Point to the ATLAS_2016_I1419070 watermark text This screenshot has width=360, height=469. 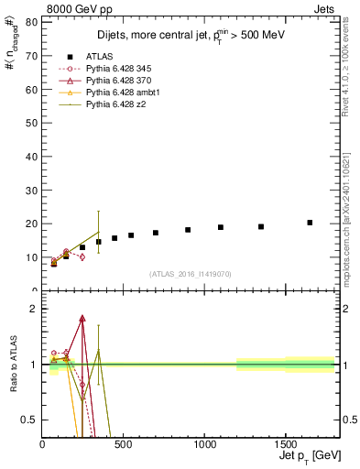point(190,273)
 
